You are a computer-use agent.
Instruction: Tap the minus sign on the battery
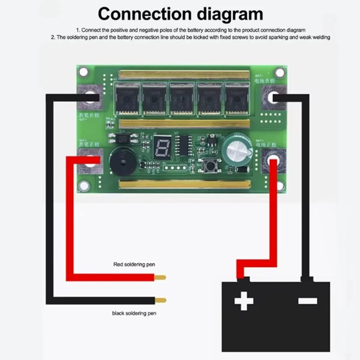coord(308,301)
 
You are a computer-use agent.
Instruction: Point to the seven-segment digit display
coord(161,147)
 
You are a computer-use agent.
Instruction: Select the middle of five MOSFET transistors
coord(182,98)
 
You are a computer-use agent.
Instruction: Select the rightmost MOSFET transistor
coord(237,98)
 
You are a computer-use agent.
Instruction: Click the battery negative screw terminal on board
coord(273,97)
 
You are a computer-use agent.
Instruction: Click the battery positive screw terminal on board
coord(273,160)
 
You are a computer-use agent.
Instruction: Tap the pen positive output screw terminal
coord(91,161)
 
